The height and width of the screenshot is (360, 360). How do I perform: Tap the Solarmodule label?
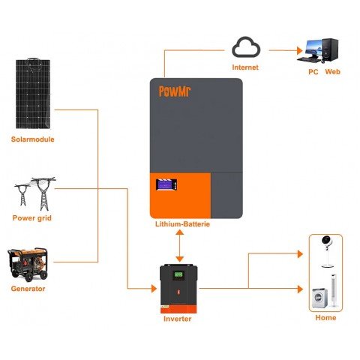tap(33, 139)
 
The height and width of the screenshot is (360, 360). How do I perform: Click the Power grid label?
tap(32, 218)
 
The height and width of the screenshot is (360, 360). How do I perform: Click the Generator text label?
tap(28, 289)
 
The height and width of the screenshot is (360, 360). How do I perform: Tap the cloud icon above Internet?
tap(244, 49)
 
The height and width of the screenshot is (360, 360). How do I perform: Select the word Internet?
tap(244, 67)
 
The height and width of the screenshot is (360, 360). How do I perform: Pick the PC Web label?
tap(325, 73)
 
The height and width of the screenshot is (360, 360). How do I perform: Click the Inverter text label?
tap(178, 319)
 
